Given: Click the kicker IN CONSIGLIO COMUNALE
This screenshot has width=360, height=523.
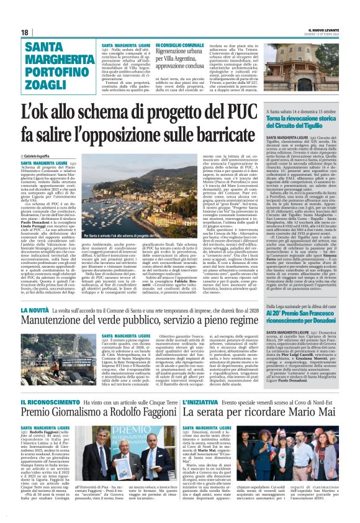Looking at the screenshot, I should [x=180, y=46].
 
